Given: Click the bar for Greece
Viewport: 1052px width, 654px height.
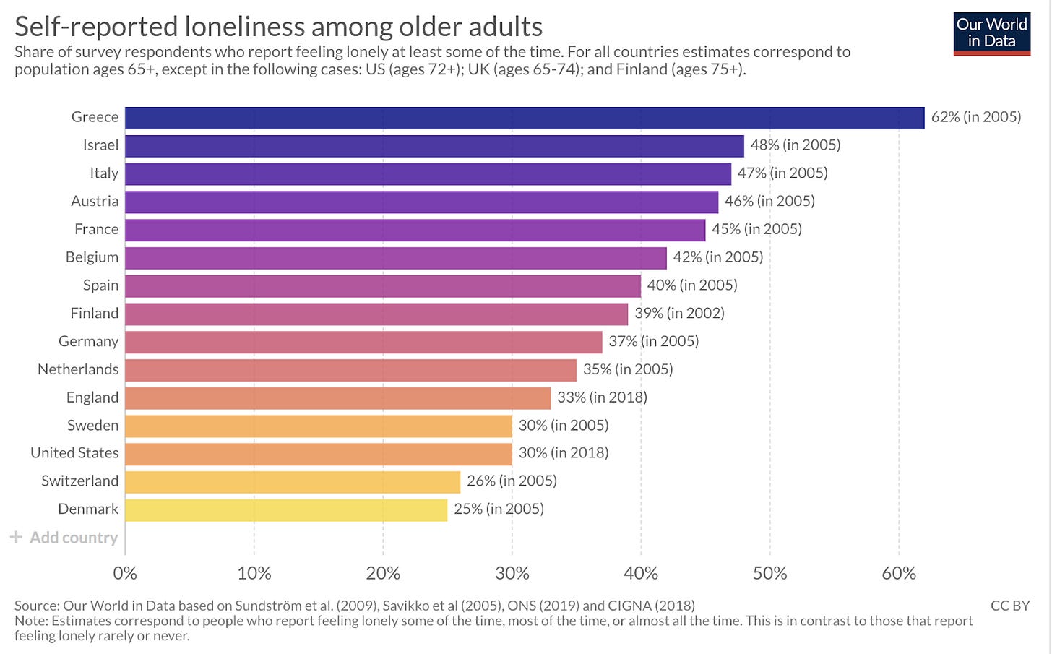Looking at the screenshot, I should pyautogui.click(x=525, y=118).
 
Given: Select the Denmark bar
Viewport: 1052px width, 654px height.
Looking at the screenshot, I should pyautogui.click(x=286, y=509).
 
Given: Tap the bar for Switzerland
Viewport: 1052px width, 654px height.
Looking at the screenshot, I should pyautogui.click(x=293, y=481).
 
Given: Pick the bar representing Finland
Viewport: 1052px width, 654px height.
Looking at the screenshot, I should pyautogui.click(x=376, y=314).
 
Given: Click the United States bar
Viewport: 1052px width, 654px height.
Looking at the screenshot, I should pyautogui.click(x=319, y=453).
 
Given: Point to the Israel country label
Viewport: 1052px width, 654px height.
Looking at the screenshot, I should pyautogui.click(x=100, y=145).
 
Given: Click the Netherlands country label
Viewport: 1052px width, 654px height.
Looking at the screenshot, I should pyautogui.click(x=78, y=369).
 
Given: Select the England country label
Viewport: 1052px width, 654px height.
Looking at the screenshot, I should pyautogui.click(x=92, y=397).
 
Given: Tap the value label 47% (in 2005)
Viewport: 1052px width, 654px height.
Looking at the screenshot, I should pyautogui.click(x=782, y=173).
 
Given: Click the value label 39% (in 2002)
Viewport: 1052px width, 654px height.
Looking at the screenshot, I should pyautogui.click(x=679, y=314).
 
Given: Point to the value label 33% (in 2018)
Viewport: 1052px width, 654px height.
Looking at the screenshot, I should pyautogui.click(x=602, y=397).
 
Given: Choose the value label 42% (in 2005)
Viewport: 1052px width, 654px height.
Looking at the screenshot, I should pyautogui.click(x=717, y=257).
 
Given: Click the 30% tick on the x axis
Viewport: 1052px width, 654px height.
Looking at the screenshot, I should pyautogui.click(x=512, y=574).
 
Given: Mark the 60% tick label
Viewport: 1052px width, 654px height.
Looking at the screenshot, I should pyautogui.click(x=899, y=574).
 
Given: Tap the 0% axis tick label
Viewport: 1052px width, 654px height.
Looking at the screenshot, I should pyautogui.click(x=125, y=574).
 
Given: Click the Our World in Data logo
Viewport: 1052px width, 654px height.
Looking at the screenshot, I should pyautogui.click(x=991, y=33).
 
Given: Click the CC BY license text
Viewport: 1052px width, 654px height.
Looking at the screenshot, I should pyautogui.click(x=1009, y=606).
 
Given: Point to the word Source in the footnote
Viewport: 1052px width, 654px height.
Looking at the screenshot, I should pyautogui.click(x=36, y=606).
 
